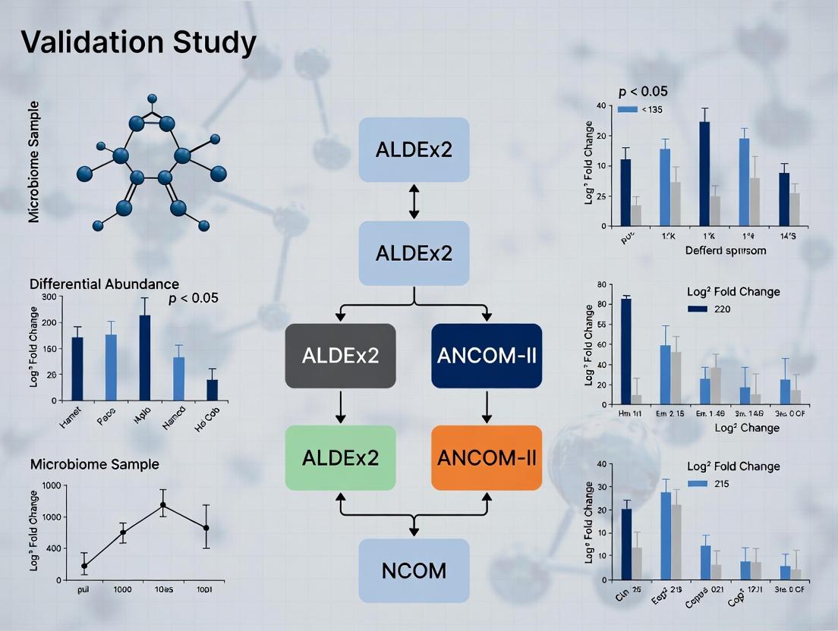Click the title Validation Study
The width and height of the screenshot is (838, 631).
(x=138, y=42)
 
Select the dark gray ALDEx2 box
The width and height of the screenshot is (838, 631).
(x=340, y=356)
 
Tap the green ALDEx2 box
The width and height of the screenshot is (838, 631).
(x=340, y=457)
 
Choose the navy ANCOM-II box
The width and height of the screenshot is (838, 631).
(x=487, y=356)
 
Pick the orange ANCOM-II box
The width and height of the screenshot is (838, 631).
(x=487, y=457)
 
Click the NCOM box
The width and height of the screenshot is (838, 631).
(x=414, y=570)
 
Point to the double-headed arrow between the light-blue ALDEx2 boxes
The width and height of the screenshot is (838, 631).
(x=414, y=201)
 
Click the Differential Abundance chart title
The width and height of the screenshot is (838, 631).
(x=104, y=284)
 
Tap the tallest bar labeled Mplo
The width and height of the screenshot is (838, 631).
(x=145, y=357)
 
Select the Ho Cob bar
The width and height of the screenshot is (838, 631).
(x=213, y=389)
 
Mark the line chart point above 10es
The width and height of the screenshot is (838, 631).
(x=162, y=505)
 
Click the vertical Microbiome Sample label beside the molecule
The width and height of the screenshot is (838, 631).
(x=34, y=162)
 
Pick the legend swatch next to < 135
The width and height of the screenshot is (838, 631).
(x=627, y=109)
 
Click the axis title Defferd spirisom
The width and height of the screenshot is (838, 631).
(x=726, y=250)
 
